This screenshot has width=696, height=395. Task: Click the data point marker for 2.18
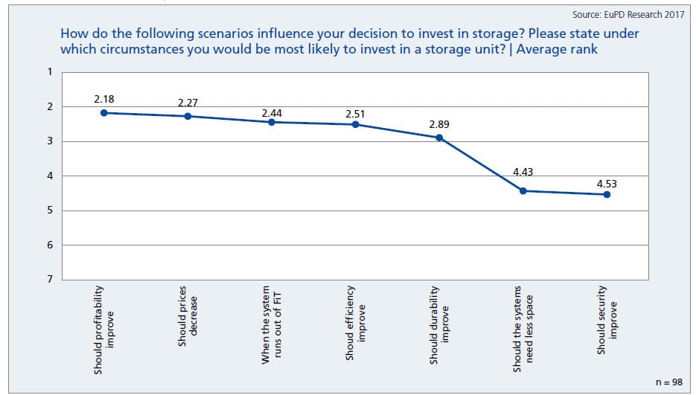104,113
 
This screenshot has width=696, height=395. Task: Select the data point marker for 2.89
439,138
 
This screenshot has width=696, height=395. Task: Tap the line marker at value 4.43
523,190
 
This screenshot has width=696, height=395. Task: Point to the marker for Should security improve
607,194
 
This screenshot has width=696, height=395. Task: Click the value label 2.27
188,103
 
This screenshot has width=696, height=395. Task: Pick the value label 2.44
271,112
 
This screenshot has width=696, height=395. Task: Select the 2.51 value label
355,115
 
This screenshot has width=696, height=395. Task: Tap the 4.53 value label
607,182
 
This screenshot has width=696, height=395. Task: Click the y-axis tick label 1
50,72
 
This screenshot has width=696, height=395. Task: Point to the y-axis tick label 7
50,279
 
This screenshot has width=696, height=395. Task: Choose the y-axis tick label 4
50,176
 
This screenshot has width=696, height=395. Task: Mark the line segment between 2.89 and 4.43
481,164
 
